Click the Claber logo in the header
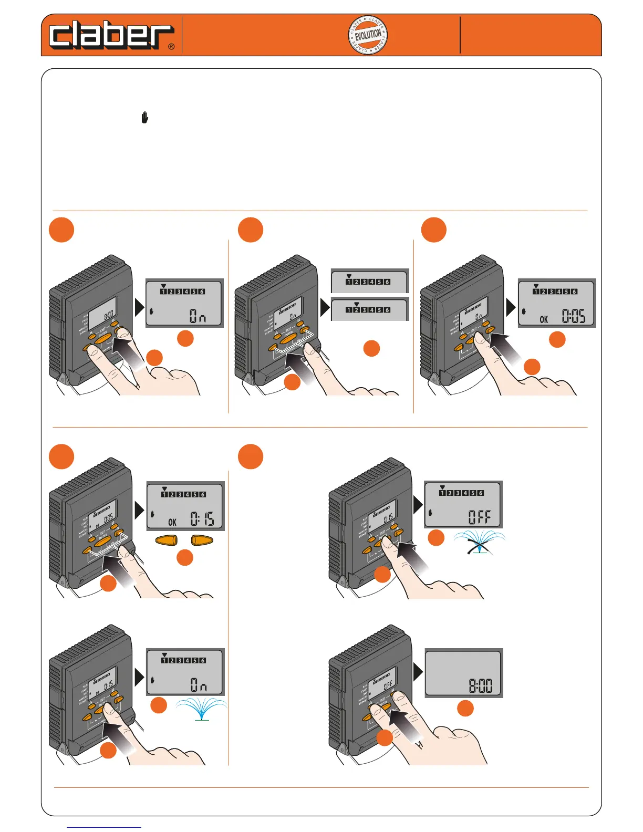click(x=110, y=36)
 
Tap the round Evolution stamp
click(x=368, y=35)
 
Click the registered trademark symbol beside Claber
click(x=171, y=47)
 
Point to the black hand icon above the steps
click(x=144, y=118)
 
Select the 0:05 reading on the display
click(x=573, y=316)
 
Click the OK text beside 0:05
click(x=544, y=319)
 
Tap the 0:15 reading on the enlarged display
click(x=202, y=519)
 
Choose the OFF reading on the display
click(x=479, y=517)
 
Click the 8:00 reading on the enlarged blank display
click(x=480, y=685)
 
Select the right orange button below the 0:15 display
click(x=202, y=541)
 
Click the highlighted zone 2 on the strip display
click(x=356, y=310)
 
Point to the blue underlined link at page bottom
click(x=104, y=827)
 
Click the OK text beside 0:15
click(x=172, y=522)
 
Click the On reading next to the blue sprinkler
click(x=198, y=685)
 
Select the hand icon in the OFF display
click(x=430, y=512)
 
